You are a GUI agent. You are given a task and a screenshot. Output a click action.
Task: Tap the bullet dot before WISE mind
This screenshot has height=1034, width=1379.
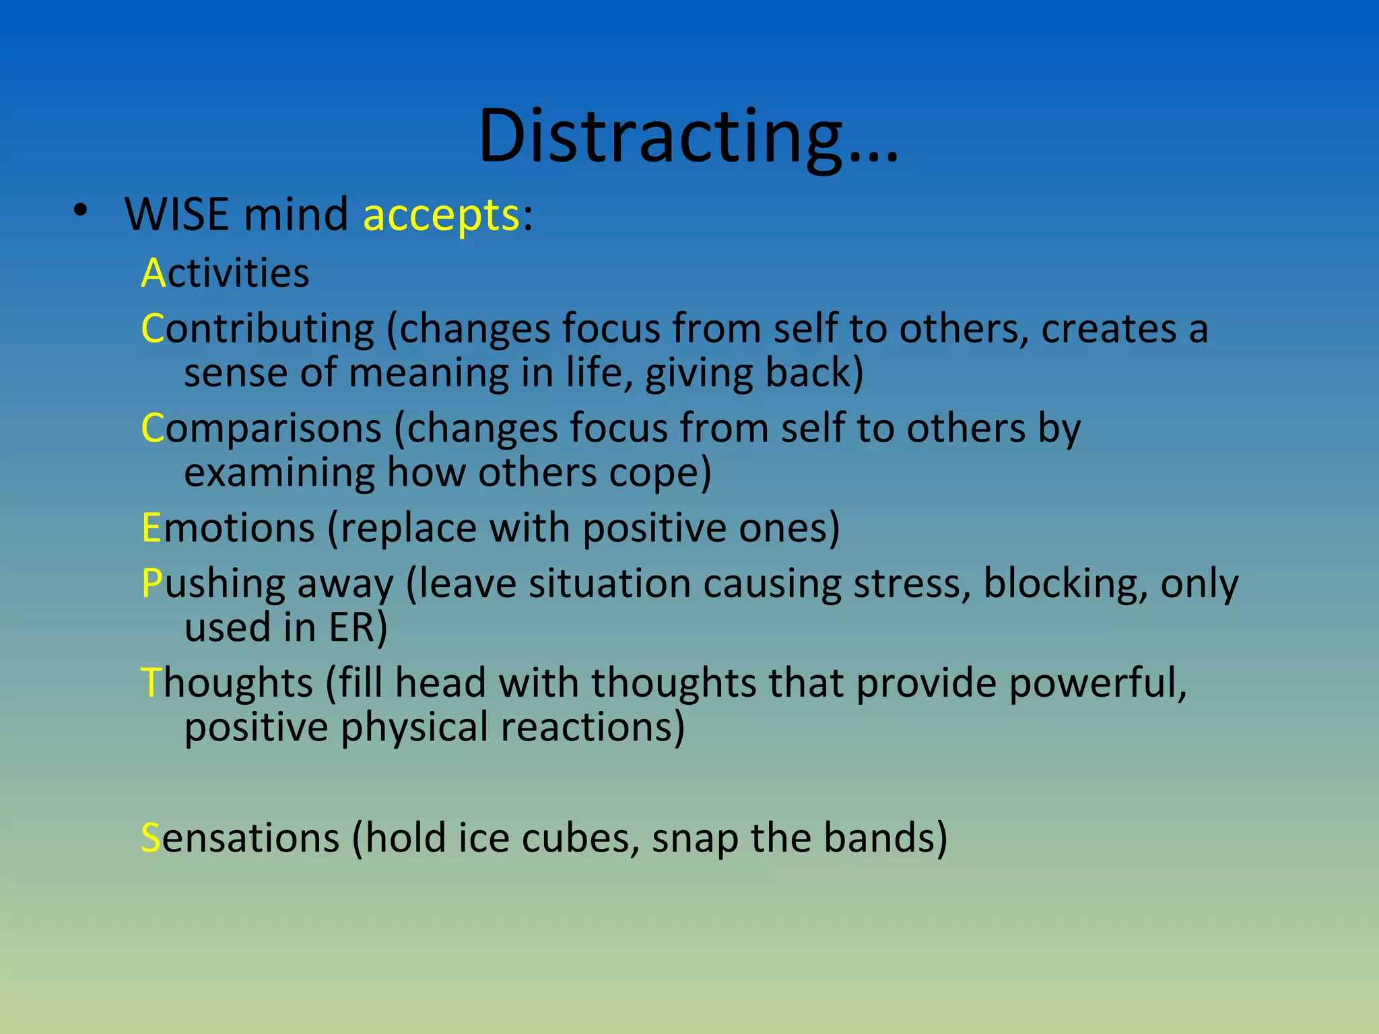(x=81, y=211)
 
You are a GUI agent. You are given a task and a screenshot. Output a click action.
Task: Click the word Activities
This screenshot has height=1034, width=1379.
(x=226, y=273)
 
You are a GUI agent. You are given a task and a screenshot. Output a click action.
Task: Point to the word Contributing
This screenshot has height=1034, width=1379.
(x=257, y=330)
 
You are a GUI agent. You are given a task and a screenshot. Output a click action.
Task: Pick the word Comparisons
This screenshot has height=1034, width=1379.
(x=261, y=429)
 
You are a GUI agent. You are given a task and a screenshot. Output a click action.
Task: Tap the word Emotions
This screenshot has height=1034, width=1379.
(x=228, y=528)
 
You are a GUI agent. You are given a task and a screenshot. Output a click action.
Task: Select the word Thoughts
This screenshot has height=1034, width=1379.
(x=226, y=683)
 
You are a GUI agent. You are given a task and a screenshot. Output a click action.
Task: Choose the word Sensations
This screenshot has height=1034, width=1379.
(x=240, y=839)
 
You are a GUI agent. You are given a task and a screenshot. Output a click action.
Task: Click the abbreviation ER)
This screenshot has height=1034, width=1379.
(x=358, y=628)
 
